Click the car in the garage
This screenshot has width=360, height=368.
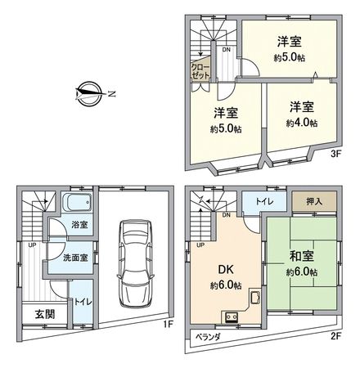(x=133, y=261)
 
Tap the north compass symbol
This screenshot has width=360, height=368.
(x=89, y=92)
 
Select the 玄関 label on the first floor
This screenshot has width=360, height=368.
(x=29, y=313)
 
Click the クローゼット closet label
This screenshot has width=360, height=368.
(x=200, y=70)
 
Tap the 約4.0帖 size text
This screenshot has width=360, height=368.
(x=301, y=123)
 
